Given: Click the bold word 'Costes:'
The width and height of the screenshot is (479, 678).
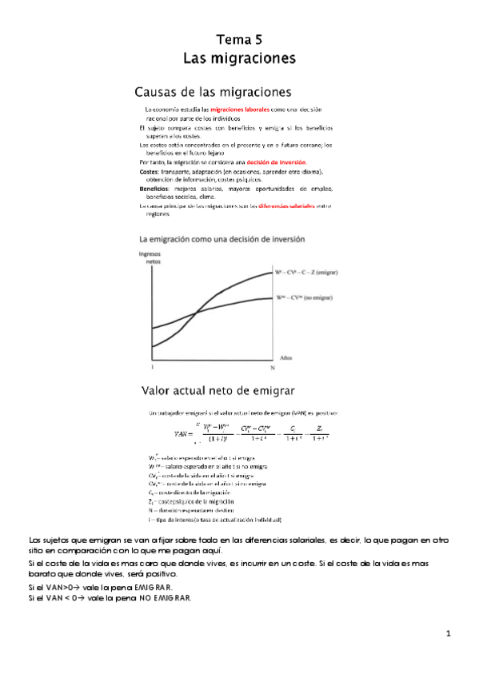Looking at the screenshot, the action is (150, 171).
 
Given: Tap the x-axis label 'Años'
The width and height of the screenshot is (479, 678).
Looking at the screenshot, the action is (286, 357).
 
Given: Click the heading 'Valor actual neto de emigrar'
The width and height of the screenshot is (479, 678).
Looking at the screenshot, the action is (218, 391).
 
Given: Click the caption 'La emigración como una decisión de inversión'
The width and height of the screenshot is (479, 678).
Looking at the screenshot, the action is (222, 238).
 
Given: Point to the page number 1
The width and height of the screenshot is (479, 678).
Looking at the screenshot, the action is (449, 634).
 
